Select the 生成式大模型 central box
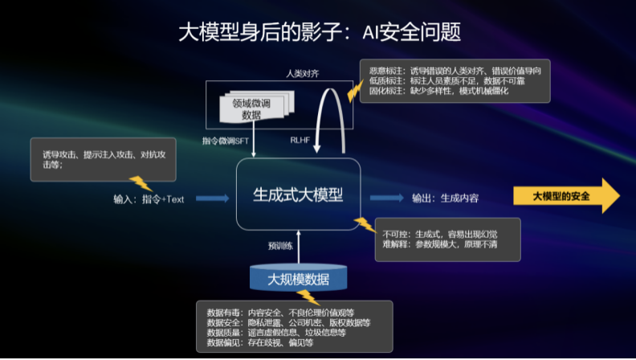tap(298, 194)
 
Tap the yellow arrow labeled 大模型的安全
tap(565, 196)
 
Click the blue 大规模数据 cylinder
tap(298, 278)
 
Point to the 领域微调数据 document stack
tap(252, 108)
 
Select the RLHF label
tap(302, 140)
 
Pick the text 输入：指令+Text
tap(149, 199)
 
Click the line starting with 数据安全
tap(288, 321)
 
